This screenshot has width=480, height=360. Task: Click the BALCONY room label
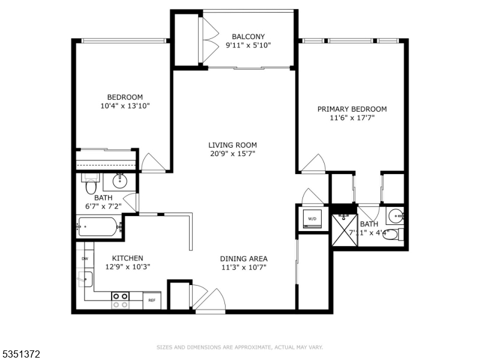point(248,37)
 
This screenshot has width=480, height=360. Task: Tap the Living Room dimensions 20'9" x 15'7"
point(233,154)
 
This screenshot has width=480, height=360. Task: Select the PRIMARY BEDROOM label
point(352,109)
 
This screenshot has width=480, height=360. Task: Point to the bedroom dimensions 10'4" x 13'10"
point(125,106)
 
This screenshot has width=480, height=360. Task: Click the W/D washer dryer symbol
point(313,219)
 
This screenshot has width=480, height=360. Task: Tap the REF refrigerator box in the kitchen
point(152,300)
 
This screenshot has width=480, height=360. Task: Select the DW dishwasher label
point(85,259)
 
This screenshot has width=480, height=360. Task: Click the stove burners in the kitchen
point(121,300)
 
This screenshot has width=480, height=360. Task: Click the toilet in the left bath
point(90,185)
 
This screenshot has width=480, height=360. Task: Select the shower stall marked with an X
point(344,229)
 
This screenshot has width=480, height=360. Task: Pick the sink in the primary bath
point(394,215)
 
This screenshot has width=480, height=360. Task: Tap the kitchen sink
point(85,279)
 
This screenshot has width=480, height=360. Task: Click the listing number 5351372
point(21,355)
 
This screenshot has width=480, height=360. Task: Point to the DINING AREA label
point(243,259)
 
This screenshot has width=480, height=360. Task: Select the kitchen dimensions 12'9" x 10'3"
point(127,267)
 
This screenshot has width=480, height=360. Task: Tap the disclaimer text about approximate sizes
point(240,347)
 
